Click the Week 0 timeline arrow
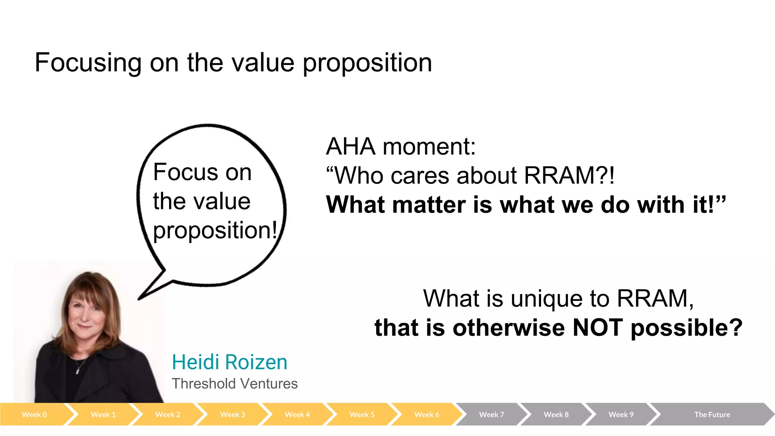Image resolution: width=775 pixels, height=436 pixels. (34, 414)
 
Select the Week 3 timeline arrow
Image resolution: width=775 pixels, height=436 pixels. (232, 414)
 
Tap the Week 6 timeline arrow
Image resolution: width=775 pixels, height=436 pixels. (426, 414)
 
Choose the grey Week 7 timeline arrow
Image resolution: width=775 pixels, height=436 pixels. (491, 414)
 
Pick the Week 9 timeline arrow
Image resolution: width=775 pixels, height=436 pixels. (621, 414)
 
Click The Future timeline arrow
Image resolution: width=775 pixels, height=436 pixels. (712, 414)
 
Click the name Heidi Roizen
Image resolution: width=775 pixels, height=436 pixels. (229, 362)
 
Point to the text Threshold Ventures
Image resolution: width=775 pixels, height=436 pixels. (235, 384)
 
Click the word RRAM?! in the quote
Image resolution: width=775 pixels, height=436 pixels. (569, 176)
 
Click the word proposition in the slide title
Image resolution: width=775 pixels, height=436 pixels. (367, 63)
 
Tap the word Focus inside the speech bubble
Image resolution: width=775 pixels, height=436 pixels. (185, 172)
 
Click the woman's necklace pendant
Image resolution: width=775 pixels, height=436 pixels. (78, 371)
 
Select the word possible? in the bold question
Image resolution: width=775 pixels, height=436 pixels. (686, 328)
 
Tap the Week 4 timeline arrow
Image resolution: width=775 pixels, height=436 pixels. (297, 414)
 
